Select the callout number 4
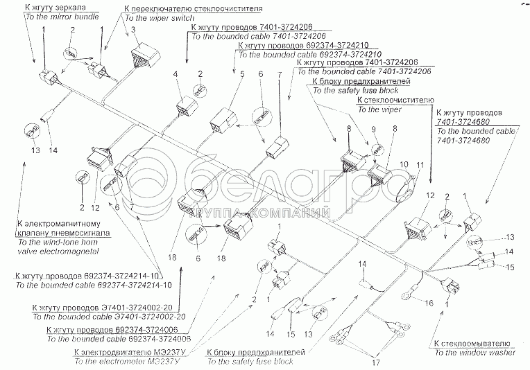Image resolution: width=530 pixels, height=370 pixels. click(176, 73)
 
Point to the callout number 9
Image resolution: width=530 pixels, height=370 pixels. click(372, 129)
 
